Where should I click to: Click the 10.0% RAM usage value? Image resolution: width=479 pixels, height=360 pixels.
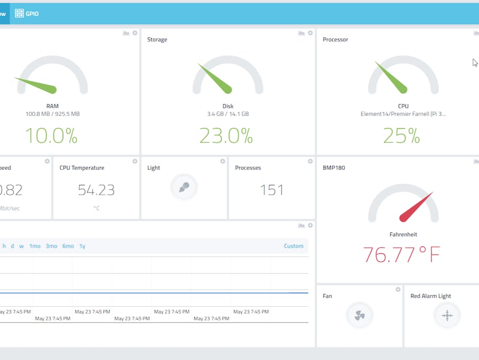pos(51,135)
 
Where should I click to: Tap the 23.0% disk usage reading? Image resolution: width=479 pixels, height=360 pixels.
pos(226,135)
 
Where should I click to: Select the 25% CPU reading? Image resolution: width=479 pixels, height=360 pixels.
pos(402,135)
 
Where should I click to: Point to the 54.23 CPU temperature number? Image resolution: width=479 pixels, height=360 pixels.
pos(96,190)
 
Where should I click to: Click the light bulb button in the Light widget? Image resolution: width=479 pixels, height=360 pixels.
pos(184,187)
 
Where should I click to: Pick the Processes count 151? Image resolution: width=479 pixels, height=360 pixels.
pos(272,190)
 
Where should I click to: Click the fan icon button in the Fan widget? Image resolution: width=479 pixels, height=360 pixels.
pos(360,315)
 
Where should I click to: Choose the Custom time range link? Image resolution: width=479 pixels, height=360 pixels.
pos(294,246)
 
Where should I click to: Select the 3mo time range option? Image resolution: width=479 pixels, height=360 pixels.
pos(51,246)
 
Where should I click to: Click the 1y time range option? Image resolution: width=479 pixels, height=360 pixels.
pos(83,246)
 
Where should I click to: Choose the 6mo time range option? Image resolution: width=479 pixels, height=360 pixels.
pos(68,246)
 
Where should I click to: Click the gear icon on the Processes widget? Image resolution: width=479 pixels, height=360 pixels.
pos(310,161)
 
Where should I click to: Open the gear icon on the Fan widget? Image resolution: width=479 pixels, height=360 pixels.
pos(398,290)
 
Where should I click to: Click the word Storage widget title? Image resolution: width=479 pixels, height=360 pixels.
pos(157,39)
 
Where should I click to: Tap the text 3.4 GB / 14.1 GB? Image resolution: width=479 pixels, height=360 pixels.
pos(228,114)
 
